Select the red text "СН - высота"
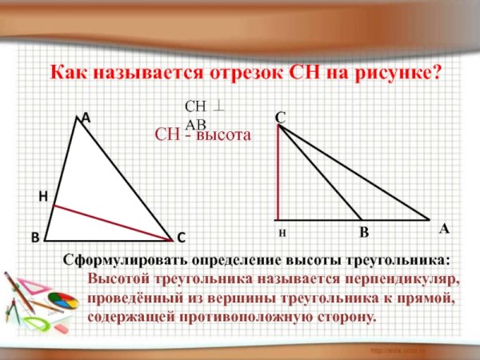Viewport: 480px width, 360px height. [203, 135]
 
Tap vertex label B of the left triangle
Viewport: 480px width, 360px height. [35, 238]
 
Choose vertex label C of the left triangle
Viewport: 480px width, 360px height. [181, 238]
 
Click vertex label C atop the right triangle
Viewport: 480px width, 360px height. [280, 118]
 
